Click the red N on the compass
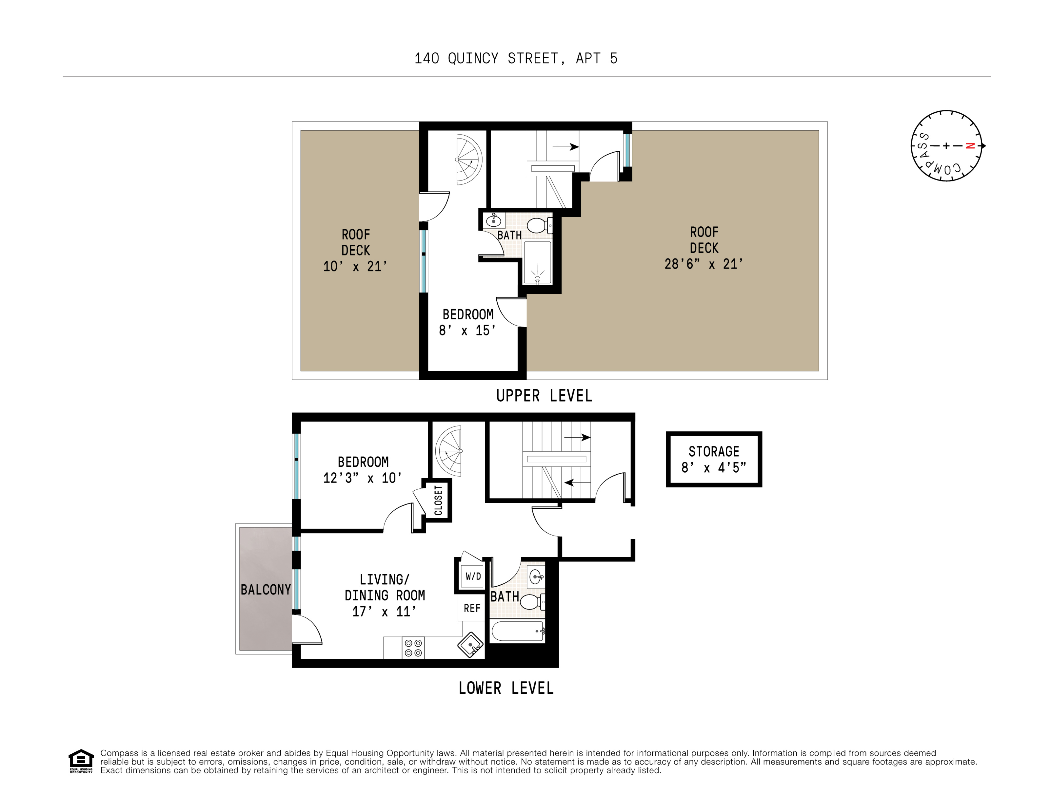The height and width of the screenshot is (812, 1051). [970, 146]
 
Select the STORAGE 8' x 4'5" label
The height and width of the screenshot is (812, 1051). [714, 459]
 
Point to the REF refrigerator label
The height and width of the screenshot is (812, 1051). [472, 609]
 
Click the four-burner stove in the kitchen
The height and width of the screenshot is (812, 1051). [413, 648]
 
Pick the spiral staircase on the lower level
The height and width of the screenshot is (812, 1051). [448, 451]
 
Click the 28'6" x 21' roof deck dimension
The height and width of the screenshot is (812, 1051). [704, 264]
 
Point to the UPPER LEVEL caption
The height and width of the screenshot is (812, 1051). [544, 396]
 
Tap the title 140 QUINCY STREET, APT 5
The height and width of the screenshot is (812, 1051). [515, 59]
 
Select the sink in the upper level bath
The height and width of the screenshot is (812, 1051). [493, 221]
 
